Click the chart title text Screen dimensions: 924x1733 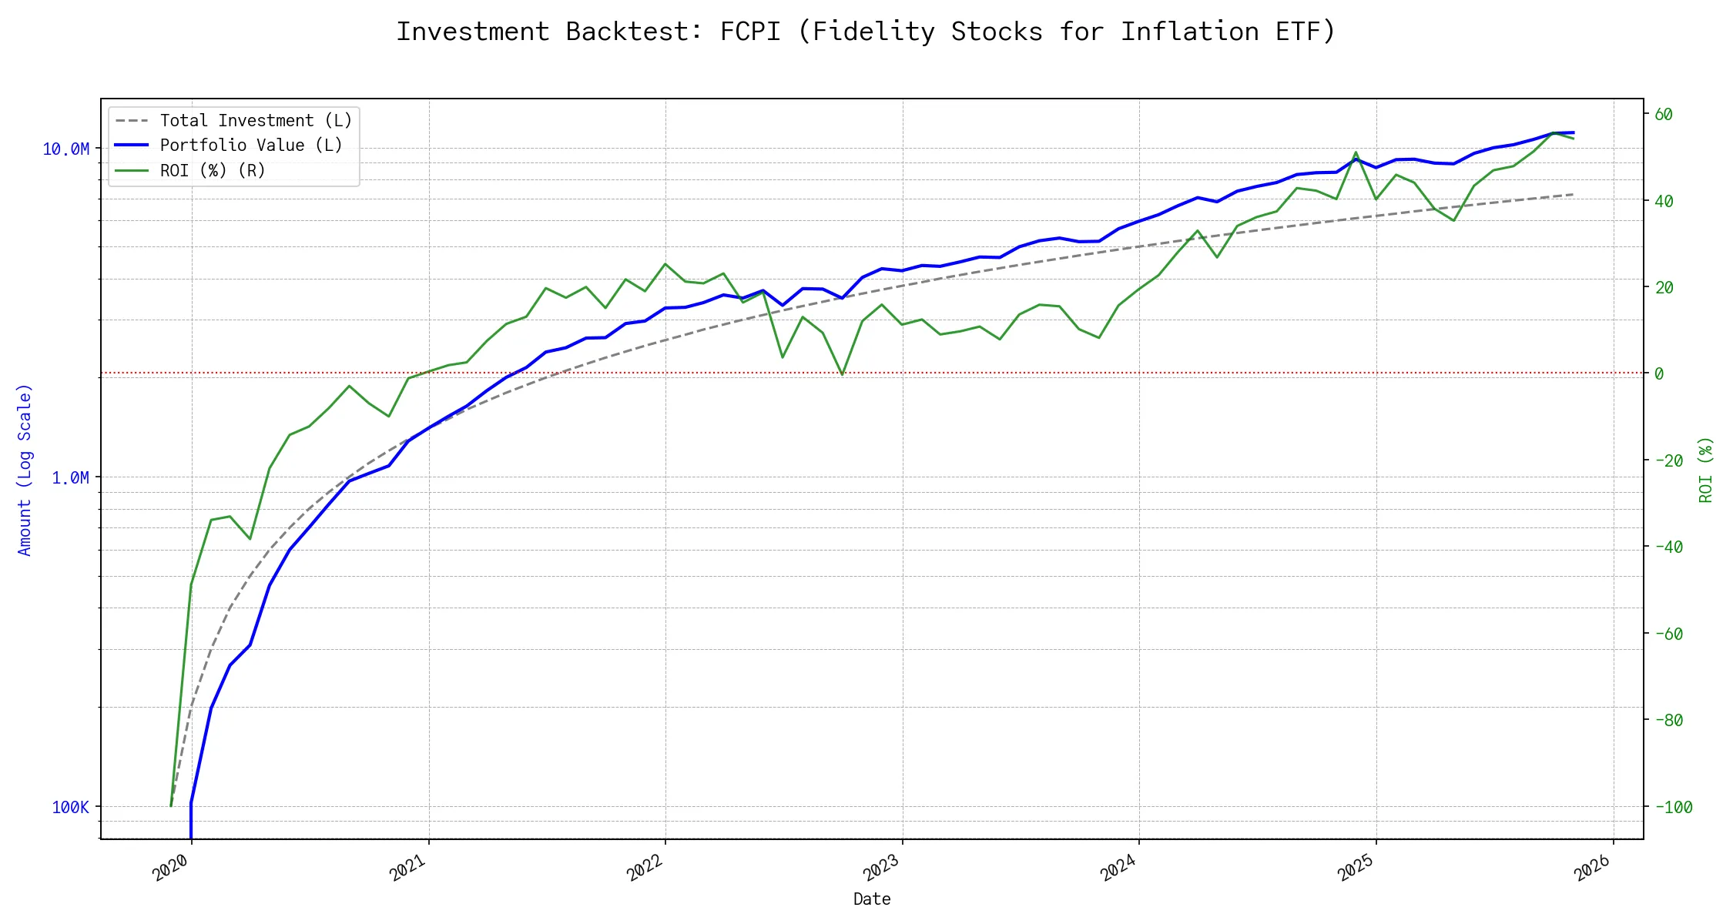tap(866, 32)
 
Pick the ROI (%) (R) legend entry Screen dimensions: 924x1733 tap(213, 171)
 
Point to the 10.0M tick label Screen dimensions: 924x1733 tap(65, 149)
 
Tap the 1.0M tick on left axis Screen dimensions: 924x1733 tap(70, 478)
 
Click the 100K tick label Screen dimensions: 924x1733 tap(70, 808)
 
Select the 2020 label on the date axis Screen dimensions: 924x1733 tap(171, 869)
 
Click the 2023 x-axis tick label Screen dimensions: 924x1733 tap(882, 869)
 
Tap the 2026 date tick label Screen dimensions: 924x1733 tap(1594, 869)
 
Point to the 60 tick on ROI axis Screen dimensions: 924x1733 tap(1664, 115)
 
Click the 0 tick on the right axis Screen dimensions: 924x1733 tap(1659, 374)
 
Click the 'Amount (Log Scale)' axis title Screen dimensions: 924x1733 tap(25, 470)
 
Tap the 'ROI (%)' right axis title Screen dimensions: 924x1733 tap(1705, 470)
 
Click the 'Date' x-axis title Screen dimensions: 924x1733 tap(872, 899)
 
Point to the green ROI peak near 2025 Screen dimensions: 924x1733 tap(1356, 152)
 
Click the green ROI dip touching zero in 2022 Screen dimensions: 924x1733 tap(843, 374)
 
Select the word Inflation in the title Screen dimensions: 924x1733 tap(1189, 32)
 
